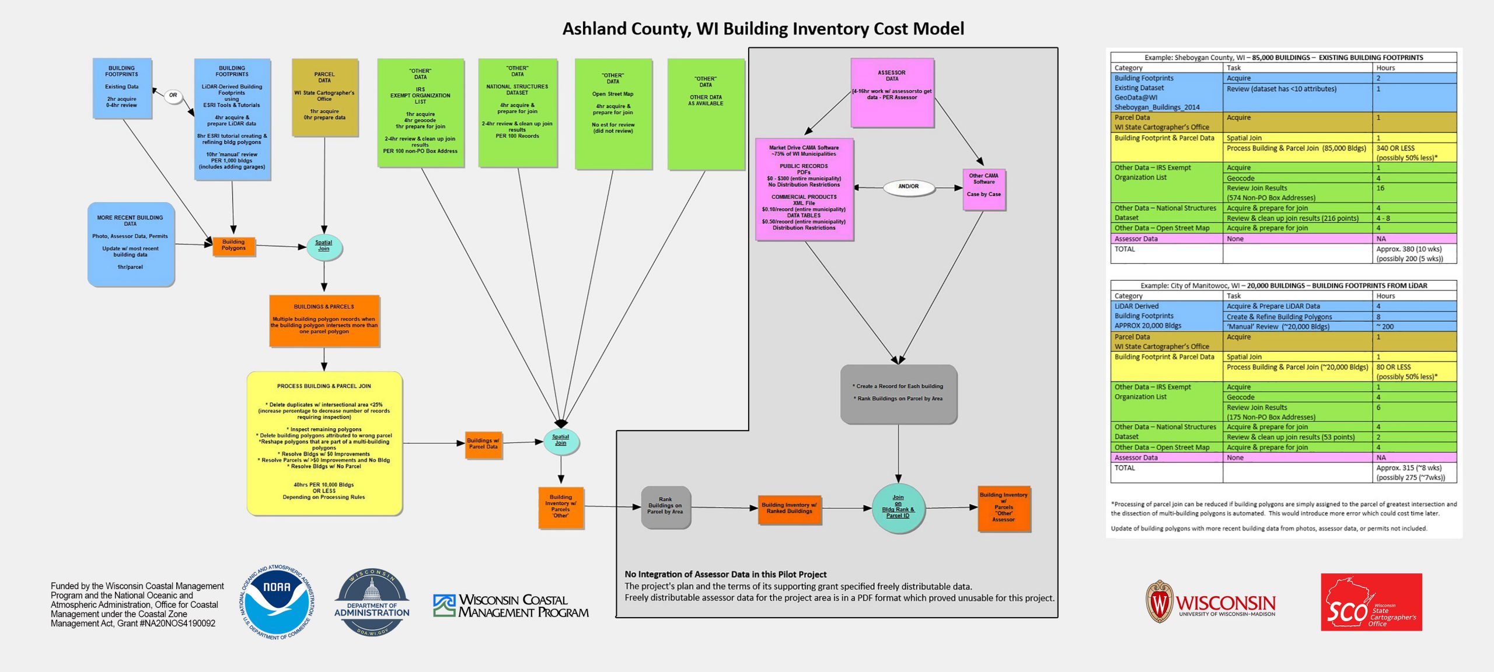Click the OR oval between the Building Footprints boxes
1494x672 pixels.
click(x=173, y=95)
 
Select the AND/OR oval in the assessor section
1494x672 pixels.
click(x=908, y=187)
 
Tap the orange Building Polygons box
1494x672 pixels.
click(x=233, y=245)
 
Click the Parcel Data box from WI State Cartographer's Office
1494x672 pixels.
click(x=324, y=97)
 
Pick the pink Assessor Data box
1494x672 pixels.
click(x=892, y=92)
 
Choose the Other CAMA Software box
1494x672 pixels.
click(x=983, y=189)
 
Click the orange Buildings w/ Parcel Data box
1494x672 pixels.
click(x=483, y=444)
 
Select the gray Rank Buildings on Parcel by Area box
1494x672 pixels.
click(x=665, y=506)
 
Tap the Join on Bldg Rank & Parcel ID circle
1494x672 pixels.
click(x=898, y=508)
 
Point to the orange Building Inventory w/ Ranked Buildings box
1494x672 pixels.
click(x=789, y=508)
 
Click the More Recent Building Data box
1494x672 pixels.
click(x=131, y=244)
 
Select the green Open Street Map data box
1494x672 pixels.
click(x=613, y=113)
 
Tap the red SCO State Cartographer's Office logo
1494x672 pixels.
click(x=1371, y=602)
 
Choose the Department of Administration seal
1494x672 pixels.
click(x=372, y=603)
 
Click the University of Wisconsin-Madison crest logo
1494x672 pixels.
click(x=1159, y=601)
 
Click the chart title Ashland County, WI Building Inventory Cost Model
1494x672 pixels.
click(x=763, y=29)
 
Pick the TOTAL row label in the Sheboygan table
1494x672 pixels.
click(x=1125, y=249)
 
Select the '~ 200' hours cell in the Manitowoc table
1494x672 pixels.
click(x=1384, y=327)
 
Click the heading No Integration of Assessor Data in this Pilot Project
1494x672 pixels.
click(x=725, y=575)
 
